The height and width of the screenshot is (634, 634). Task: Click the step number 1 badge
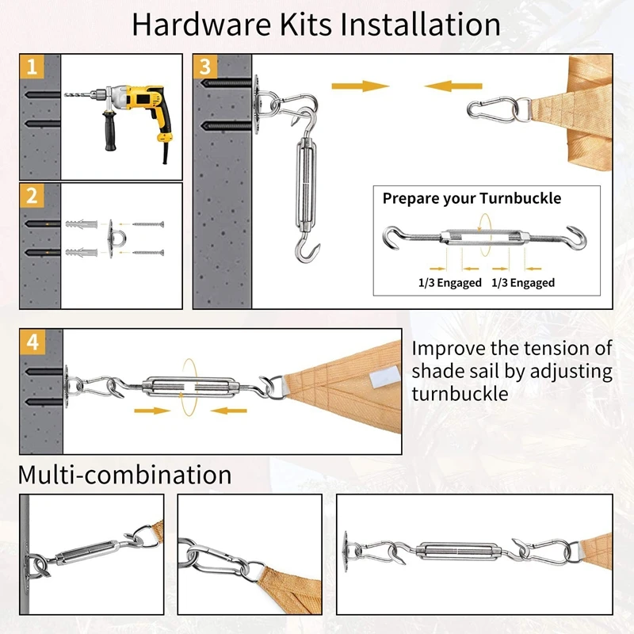[x=32, y=67]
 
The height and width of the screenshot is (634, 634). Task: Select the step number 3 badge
[x=206, y=67]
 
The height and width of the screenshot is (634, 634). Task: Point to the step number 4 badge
[x=32, y=343]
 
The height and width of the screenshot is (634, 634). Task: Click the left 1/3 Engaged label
[x=450, y=282]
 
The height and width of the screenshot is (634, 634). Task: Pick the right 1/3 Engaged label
[x=523, y=282]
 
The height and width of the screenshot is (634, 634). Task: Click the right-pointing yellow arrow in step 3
[x=361, y=85]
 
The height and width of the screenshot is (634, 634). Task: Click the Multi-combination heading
[x=125, y=475]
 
